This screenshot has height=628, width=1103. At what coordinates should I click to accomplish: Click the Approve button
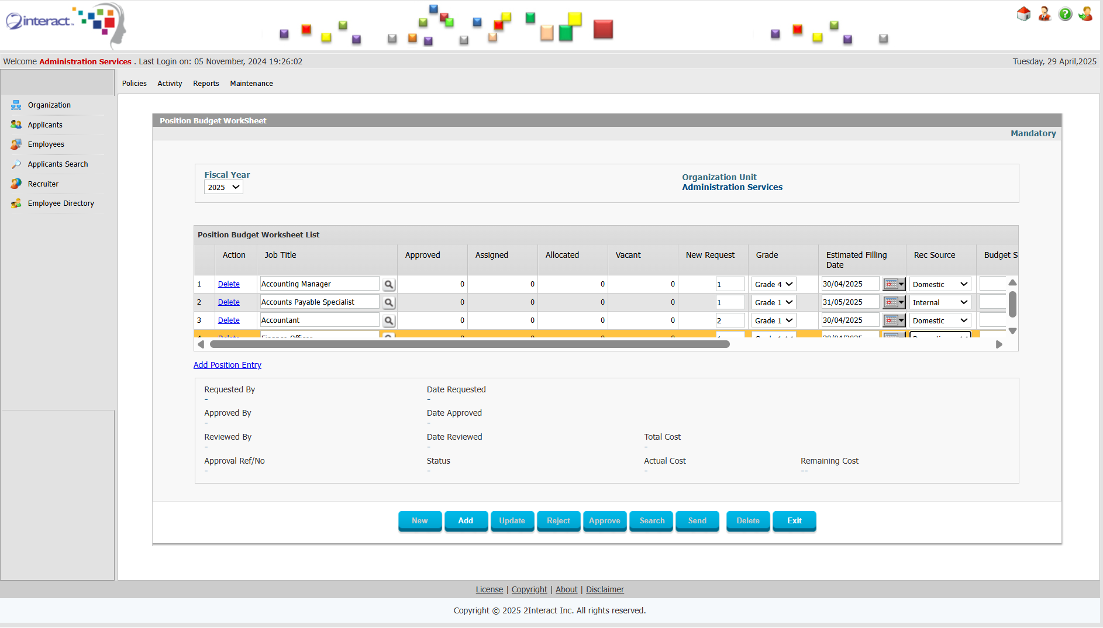[x=604, y=520]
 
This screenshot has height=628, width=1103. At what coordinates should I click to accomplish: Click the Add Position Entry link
[x=227, y=365]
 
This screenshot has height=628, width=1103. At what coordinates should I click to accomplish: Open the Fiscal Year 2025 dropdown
[x=223, y=187]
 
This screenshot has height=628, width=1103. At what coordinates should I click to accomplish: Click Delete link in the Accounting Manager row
[x=229, y=284]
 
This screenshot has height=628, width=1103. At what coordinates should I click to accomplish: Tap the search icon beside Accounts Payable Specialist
[x=388, y=303]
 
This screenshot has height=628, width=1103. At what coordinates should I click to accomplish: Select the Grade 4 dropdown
[x=773, y=284]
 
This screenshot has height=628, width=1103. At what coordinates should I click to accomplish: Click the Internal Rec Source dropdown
[x=939, y=302]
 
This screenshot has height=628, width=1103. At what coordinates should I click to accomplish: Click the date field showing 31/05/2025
[x=849, y=302]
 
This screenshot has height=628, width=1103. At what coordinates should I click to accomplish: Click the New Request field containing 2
[x=729, y=320]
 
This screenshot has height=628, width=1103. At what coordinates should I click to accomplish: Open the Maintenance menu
[x=251, y=84]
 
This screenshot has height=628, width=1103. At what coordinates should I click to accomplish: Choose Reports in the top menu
[x=206, y=84]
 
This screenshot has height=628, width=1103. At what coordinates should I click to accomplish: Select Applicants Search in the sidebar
[x=57, y=164]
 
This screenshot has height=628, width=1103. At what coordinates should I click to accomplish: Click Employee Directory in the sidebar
[x=61, y=203]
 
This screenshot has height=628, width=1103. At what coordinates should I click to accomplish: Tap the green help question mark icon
[x=1066, y=14]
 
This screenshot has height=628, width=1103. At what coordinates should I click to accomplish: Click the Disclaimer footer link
[x=605, y=589]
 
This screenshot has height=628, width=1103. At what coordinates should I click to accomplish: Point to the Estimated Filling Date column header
[x=856, y=260]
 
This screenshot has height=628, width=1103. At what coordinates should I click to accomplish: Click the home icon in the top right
[x=1023, y=14]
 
